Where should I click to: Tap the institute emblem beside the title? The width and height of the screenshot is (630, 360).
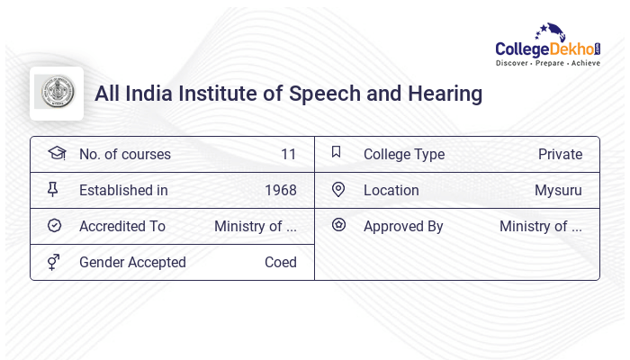pyautogui.click(x=56, y=93)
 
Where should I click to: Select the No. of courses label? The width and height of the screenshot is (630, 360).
pyautogui.click(x=125, y=154)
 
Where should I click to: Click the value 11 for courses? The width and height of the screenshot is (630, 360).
pyautogui.click(x=288, y=154)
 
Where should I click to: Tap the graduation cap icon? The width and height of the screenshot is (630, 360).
pyautogui.click(x=56, y=153)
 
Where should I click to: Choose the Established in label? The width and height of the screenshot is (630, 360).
pyautogui.click(x=123, y=190)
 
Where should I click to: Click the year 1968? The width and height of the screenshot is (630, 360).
pyautogui.click(x=281, y=190)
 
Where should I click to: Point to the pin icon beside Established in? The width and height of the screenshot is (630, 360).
pyautogui.click(x=54, y=189)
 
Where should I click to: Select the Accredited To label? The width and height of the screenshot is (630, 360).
pyautogui.click(x=122, y=226)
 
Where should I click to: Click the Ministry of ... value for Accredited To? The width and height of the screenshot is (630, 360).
pyautogui.click(x=256, y=226)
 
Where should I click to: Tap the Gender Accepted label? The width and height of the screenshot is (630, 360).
pyautogui.click(x=132, y=262)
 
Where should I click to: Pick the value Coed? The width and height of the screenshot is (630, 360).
pyautogui.click(x=281, y=262)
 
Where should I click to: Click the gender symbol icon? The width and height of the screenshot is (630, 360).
pyautogui.click(x=54, y=262)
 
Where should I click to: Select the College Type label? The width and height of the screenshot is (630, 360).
pyautogui.click(x=404, y=154)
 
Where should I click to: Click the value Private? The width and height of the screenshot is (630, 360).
pyautogui.click(x=560, y=154)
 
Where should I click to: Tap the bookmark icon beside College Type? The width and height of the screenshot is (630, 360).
pyautogui.click(x=336, y=152)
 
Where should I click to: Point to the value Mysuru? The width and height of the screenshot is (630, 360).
pyautogui.click(x=558, y=190)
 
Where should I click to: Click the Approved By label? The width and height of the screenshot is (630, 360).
pyautogui.click(x=403, y=226)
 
